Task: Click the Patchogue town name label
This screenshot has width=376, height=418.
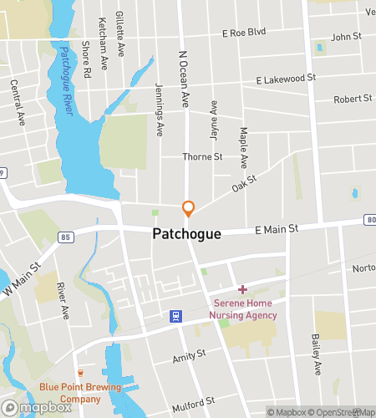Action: [187, 235]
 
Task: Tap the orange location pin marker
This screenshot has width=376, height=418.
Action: [189, 208]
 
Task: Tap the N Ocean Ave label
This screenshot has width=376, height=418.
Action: [184, 77]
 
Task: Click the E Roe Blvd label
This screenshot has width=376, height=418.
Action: [243, 33]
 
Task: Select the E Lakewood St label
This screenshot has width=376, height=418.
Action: [286, 78]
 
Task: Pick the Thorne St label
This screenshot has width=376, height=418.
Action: [203, 156]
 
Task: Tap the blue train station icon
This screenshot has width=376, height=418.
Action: [175, 315]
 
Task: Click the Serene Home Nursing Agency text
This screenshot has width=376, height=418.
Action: [242, 308]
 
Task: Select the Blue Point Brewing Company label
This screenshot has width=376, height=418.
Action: [80, 392]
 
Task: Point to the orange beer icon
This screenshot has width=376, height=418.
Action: [80, 372]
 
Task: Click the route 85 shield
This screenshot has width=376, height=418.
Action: [64, 237]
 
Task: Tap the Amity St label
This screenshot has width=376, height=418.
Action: [189, 356]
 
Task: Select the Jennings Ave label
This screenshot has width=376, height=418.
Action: [159, 109]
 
